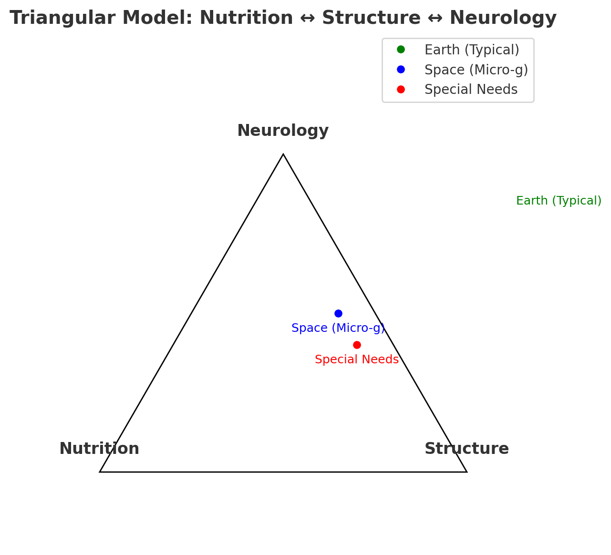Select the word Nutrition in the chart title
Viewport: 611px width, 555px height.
[x=246, y=19]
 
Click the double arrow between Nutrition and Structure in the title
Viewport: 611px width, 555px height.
[x=308, y=19]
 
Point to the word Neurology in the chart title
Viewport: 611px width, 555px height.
[x=503, y=19]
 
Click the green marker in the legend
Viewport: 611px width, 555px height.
[x=401, y=50]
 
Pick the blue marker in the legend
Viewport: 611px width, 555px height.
[x=401, y=70]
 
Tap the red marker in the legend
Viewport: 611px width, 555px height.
[x=401, y=90]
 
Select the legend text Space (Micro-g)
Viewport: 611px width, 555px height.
[x=476, y=70]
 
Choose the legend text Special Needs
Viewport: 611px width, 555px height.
[x=471, y=90]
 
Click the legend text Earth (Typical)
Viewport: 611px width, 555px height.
[x=472, y=50]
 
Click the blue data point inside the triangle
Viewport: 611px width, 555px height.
[x=338, y=313]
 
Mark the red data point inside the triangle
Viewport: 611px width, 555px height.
[x=357, y=345]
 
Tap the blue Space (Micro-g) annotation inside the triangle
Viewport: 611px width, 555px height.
[x=338, y=329]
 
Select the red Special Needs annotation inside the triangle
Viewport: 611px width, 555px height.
[x=357, y=360]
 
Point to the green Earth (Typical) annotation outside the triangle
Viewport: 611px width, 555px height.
[x=559, y=201]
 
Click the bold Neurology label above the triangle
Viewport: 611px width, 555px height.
[x=283, y=131]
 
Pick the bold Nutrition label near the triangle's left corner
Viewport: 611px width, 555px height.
[x=99, y=449]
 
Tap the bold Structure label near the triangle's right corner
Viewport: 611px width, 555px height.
[x=466, y=449]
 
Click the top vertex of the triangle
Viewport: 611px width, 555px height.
[x=283, y=154]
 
